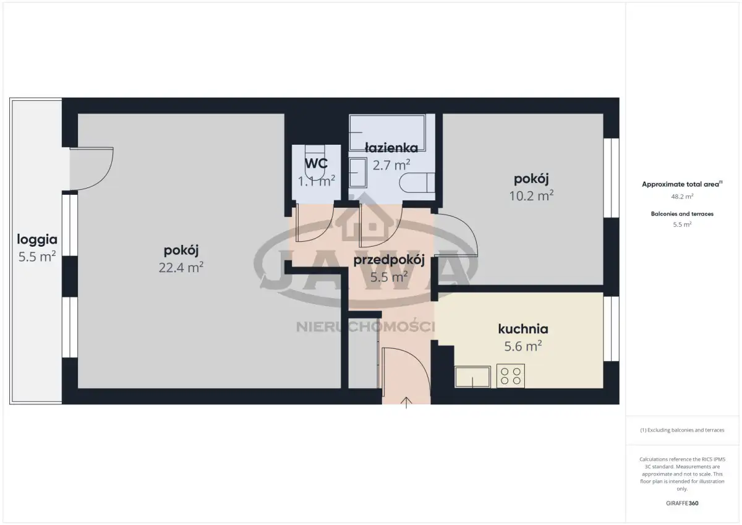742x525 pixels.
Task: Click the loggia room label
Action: click(x=37, y=240)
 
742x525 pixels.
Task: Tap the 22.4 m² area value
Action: click(x=181, y=267)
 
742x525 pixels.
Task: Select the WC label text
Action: click(x=317, y=163)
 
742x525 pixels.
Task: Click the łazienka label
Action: click(x=391, y=147)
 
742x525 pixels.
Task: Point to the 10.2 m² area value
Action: click(x=531, y=196)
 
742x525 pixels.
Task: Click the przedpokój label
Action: click(x=389, y=260)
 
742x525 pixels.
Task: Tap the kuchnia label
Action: click(x=523, y=329)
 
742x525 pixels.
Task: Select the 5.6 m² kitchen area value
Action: click(x=523, y=346)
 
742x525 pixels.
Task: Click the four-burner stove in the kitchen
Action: click(x=511, y=376)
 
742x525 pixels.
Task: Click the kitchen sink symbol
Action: click(x=472, y=377)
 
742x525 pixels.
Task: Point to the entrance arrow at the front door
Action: click(x=406, y=403)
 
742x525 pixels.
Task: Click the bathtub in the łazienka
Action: click(x=387, y=132)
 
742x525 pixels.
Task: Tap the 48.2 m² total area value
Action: click(x=682, y=197)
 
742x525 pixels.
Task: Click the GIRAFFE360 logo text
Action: click(x=682, y=503)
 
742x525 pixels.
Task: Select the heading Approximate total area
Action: click(x=682, y=184)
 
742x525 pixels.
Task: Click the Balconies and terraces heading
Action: click(x=682, y=214)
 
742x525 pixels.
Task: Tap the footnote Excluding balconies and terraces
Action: click(x=682, y=430)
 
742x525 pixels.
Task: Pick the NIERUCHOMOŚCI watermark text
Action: click(x=365, y=327)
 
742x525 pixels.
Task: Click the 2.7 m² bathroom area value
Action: click(x=391, y=165)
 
